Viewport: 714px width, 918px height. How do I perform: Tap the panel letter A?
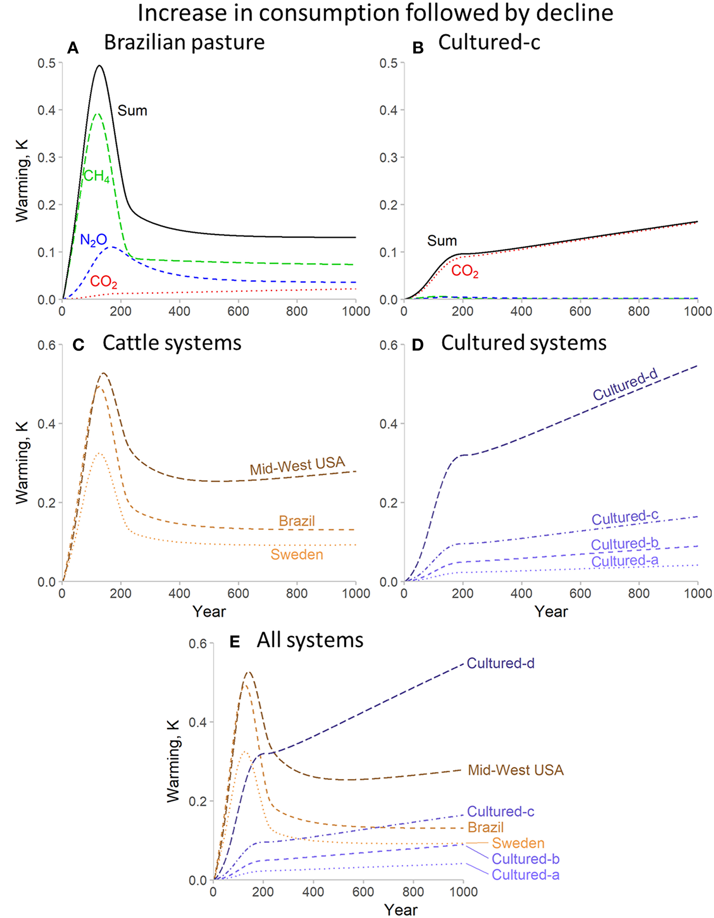click(73, 48)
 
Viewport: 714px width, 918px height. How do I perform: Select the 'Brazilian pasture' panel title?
click(184, 42)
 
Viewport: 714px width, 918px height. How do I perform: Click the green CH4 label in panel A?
click(96, 176)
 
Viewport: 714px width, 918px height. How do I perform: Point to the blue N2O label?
click(94, 240)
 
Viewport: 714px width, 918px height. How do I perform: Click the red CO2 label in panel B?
click(464, 271)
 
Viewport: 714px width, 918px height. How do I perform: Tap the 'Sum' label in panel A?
click(132, 111)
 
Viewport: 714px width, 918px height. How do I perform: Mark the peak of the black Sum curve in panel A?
click(99, 65)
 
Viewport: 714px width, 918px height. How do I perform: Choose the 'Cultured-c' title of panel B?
click(489, 42)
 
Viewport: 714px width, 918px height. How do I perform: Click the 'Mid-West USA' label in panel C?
click(298, 465)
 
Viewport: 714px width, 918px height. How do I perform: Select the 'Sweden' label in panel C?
click(297, 554)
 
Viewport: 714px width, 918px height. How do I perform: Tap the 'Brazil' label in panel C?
click(297, 521)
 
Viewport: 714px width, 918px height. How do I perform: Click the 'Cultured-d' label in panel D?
click(625, 385)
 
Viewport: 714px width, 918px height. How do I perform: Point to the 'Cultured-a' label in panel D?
click(624, 561)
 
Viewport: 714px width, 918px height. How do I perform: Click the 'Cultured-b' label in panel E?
click(525, 859)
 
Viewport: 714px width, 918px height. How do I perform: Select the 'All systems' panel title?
click(310, 640)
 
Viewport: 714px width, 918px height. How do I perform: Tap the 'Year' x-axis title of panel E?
click(400, 909)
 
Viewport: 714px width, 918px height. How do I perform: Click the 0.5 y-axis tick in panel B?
click(388, 63)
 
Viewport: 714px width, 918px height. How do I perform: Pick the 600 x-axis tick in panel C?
click(238, 593)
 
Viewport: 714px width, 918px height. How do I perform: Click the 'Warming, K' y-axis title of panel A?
click(22, 181)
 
